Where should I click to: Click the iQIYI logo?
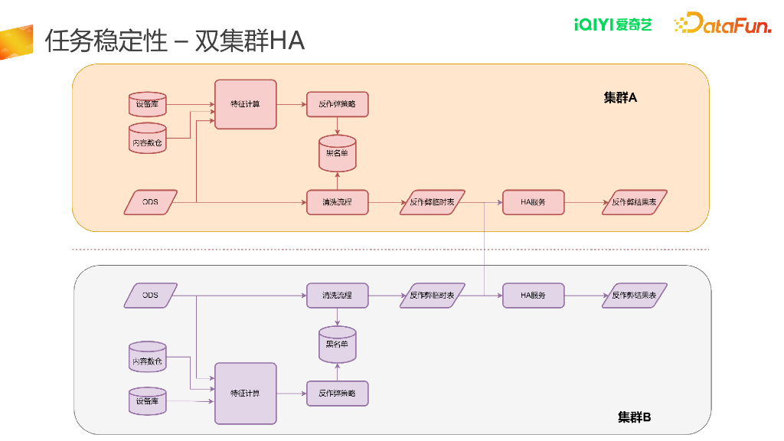pos(612,24)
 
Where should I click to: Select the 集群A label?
pos(620,98)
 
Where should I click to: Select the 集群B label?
pos(634,417)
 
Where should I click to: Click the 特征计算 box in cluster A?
pos(245,104)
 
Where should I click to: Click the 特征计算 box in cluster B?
pos(245,393)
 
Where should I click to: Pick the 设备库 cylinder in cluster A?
pos(147,104)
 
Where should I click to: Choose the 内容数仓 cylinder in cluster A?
pos(147,140)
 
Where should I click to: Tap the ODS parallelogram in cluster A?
pos(150,202)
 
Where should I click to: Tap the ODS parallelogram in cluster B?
pos(150,296)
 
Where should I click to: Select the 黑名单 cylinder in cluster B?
pos(337,345)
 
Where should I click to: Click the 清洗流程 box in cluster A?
pos(337,202)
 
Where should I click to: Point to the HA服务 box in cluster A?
pos(533,202)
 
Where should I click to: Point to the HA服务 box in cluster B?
pos(533,296)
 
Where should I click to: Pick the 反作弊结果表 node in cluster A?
pos(634,202)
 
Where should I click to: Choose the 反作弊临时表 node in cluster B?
pos(432,296)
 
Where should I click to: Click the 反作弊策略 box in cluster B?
pos(337,393)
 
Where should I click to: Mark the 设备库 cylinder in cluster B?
pos(147,401)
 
